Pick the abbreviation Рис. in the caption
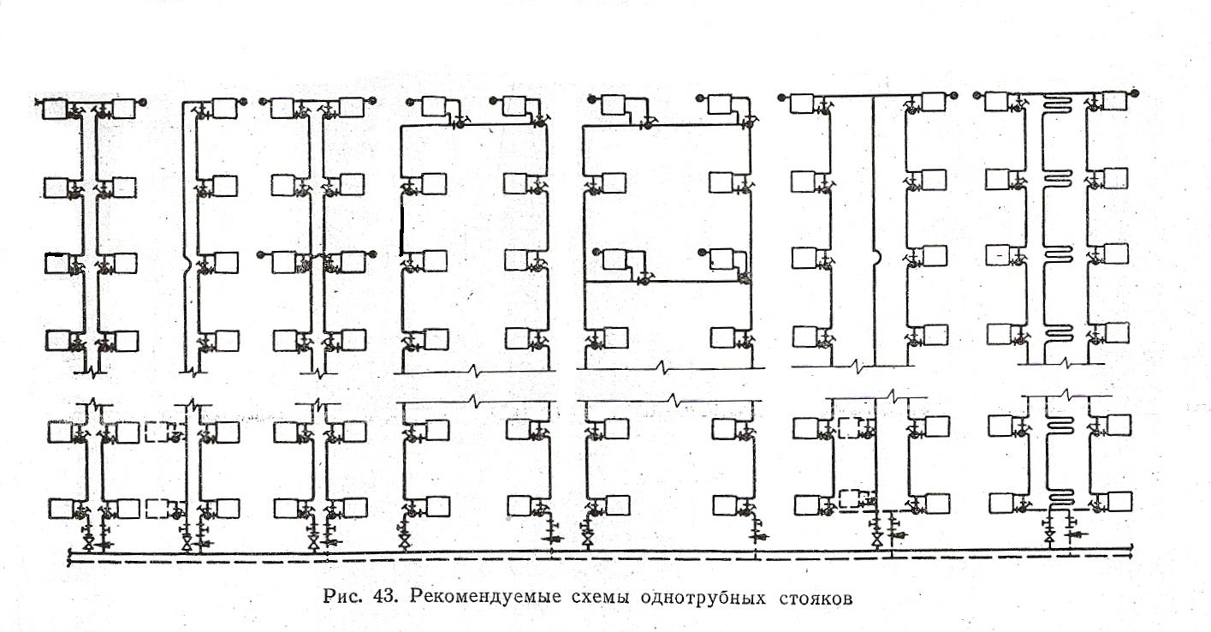pos(344,597)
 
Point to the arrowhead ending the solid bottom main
pos(1135,550)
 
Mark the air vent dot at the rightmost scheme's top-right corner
pos(1134,90)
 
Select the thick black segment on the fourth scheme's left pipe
pos(401,230)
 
